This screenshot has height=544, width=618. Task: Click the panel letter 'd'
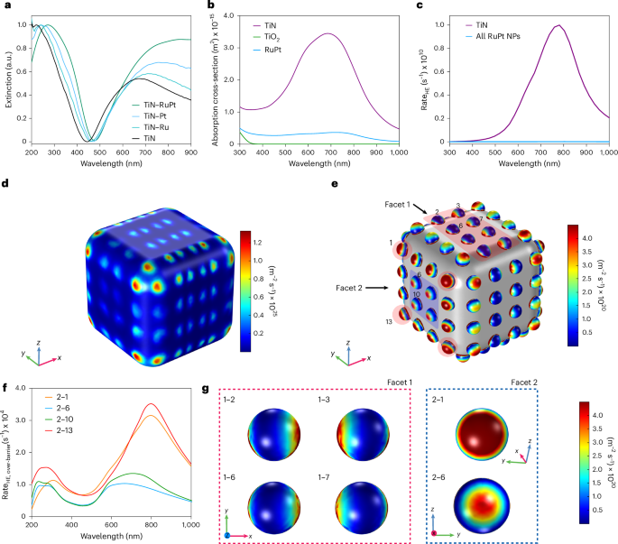[6, 192]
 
